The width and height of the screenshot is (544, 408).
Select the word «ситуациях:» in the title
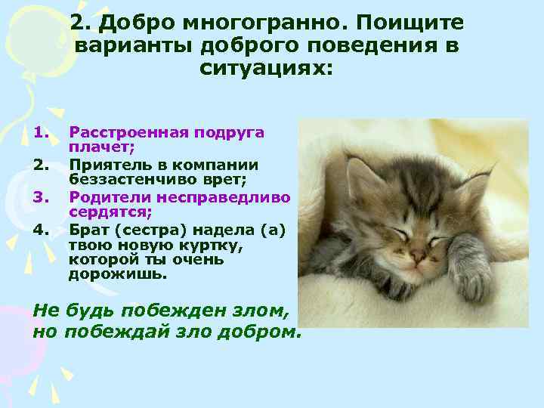pyautogui.click(x=266, y=69)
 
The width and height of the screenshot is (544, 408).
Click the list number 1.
pyautogui.click(x=41, y=133)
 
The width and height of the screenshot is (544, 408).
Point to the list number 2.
pyautogui.click(x=41, y=165)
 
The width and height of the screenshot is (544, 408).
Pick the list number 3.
pyautogui.click(x=41, y=197)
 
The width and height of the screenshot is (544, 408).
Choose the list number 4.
pyautogui.click(x=41, y=229)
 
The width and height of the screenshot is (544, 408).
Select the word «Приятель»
pyautogui.click(x=106, y=165)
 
